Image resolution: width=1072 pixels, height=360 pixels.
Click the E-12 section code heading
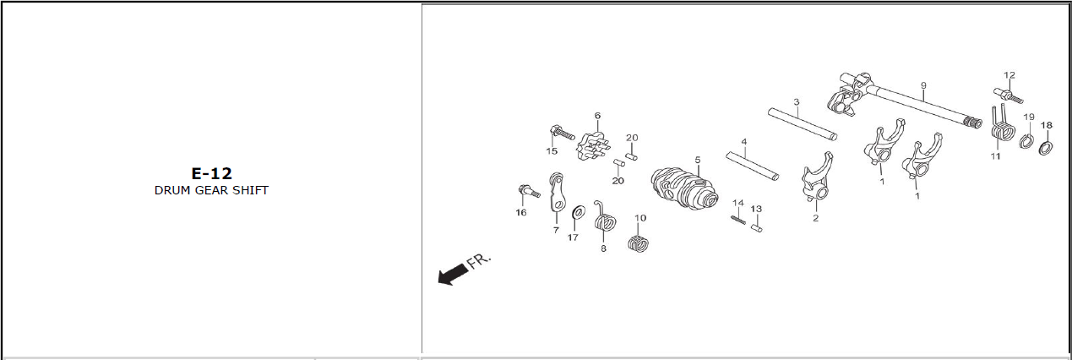pos(211,173)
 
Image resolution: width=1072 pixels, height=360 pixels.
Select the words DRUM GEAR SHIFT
pos(211,190)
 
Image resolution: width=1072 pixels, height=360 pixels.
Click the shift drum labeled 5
pos(685,189)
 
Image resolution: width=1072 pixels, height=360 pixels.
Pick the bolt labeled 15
pos(563,132)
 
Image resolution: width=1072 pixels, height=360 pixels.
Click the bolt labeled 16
pos(529,191)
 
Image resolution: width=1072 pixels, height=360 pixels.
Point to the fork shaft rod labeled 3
pos(803,123)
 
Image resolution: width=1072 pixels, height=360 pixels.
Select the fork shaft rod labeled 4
pos(753,166)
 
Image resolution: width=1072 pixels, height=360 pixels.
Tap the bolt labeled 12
pos(1008,95)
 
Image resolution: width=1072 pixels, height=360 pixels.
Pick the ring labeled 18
pos(1046,148)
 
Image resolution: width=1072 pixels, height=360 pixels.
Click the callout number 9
pos(923,85)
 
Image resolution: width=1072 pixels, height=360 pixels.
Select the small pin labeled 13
pos(756,228)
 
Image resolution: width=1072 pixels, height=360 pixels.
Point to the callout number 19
pos(1029,117)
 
